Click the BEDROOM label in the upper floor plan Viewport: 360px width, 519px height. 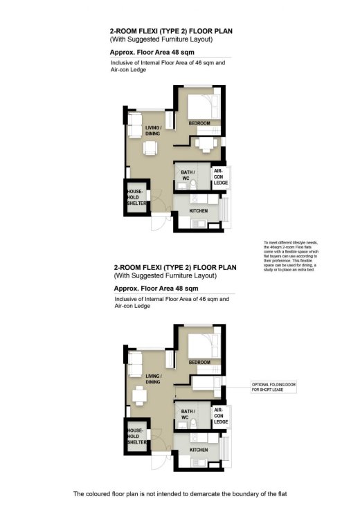(x=199, y=123)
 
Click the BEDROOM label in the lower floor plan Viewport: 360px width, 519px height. (x=199, y=362)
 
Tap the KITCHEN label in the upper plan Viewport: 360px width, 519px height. (x=199, y=210)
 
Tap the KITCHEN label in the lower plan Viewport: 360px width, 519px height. (x=199, y=449)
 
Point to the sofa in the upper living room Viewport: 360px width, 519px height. (x=135, y=125)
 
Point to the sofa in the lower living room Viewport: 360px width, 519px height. (x=135, y=364)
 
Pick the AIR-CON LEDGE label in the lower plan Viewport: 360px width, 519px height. (x=221, y=415)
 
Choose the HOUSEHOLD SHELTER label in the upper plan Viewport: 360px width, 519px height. (x=134, y=197)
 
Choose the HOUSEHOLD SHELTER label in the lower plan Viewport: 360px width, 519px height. (x=134, y=436)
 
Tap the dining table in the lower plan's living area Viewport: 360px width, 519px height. (x=140, y=395)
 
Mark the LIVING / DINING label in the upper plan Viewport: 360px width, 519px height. (x=153, y=131)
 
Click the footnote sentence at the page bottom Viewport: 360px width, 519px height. (x=179, y=494)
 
